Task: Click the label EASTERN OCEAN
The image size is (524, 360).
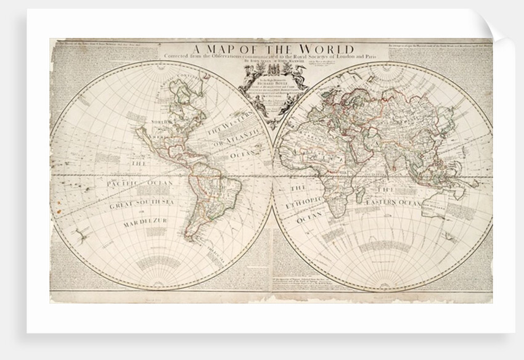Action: (393, 203)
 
